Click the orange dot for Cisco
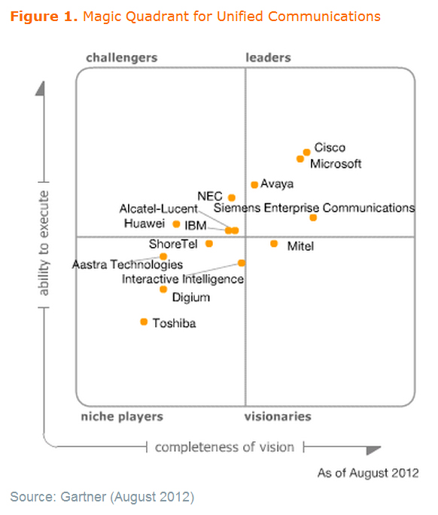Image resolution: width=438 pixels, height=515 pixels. tap(306, 152)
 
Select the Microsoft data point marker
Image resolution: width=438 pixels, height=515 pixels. tap(300, 159)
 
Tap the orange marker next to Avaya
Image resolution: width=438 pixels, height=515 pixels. tap(254, 185)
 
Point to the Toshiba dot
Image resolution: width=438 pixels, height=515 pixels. tap(144, 321)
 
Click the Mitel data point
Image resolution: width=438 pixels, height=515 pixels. tap(274, 244)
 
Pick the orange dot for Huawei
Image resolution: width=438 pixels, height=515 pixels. tap(176, 224)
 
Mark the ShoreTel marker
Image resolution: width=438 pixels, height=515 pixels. tap(209, 244)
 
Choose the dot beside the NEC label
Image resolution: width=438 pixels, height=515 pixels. tap(232, 198)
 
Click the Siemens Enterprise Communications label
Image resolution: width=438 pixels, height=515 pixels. tap(315, 208)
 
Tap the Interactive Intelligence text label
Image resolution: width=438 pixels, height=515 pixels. tap(183, 279)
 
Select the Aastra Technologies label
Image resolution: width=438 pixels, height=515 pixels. tap(127, 264)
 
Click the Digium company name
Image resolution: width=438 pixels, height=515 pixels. tap(191, 297)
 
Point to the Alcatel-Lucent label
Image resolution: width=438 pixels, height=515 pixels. tap(159, 209)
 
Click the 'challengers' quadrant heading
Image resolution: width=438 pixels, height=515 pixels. tap(122, 58)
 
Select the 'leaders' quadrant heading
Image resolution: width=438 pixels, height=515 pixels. tap(268, 57)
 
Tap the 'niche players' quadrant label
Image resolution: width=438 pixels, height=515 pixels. tap(122, 417)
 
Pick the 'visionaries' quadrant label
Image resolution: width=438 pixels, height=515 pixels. tap(278, 416)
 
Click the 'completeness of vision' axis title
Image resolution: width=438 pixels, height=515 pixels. tap(224, 447)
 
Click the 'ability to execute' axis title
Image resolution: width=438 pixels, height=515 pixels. tap(44, 243)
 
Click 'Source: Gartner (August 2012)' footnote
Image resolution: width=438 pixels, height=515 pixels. tap(102, 497)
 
